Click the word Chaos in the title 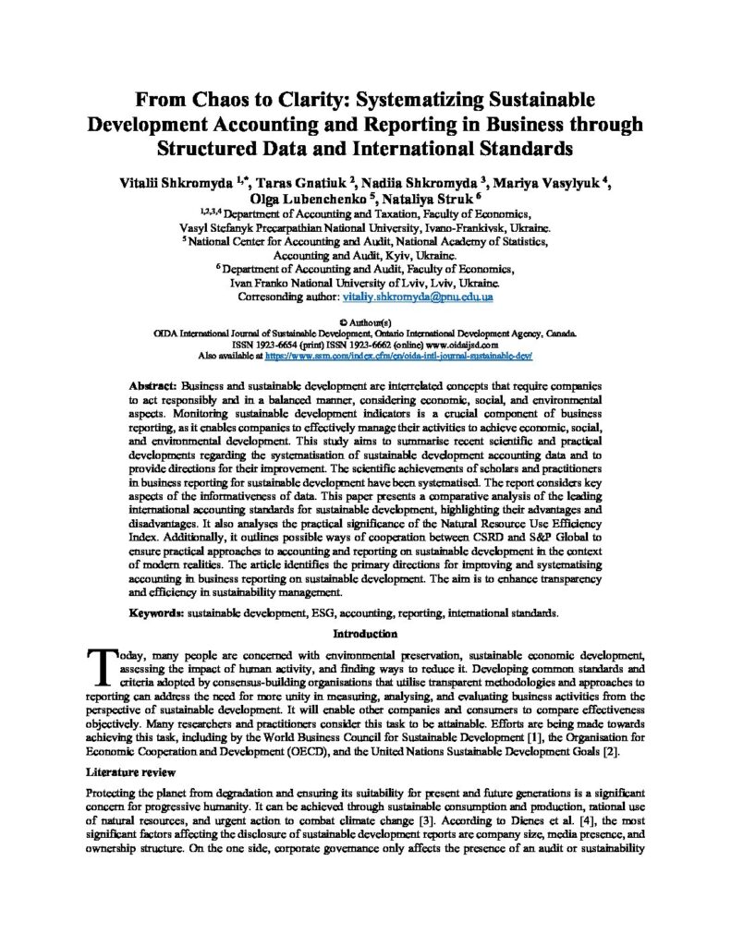(x=213, y=100)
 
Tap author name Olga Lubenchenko (x=305, y=198)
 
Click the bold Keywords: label (x=159, y=612)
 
